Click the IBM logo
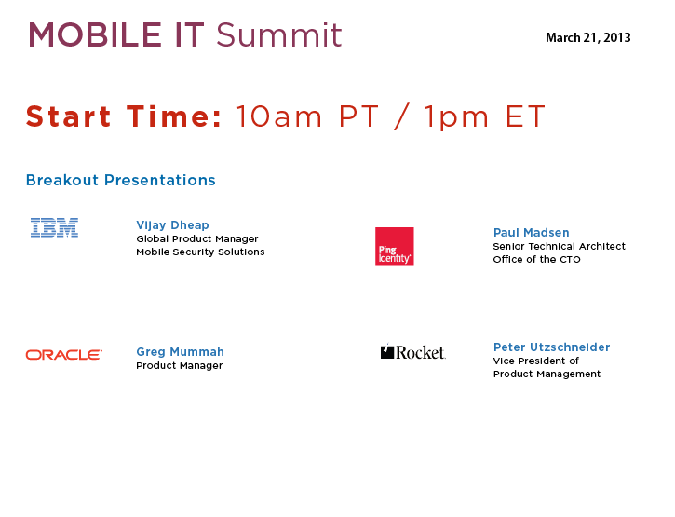tap(54, 227)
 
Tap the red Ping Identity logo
tap(395, 247)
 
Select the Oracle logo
tap(63, 355)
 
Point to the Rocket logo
tap(412, 352)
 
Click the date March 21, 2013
tap(588, 38)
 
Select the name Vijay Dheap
tap(172, 225)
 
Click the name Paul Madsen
tap(532, 233)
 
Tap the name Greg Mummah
tap(180, 352)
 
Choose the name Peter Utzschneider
tap(551, 347)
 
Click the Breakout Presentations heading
tap(120, 180)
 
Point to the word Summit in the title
tap(279, 34)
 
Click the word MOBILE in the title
tap(95, 34)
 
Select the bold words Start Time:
tap(124, 116)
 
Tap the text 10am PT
tap(307, 116)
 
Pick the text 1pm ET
tap(485, 117)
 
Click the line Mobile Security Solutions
tap(200, 252)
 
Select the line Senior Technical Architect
tap(560, 247)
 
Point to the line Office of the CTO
tap(537, 259)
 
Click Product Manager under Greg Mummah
tap(179, 366)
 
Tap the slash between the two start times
tap(401, 116)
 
